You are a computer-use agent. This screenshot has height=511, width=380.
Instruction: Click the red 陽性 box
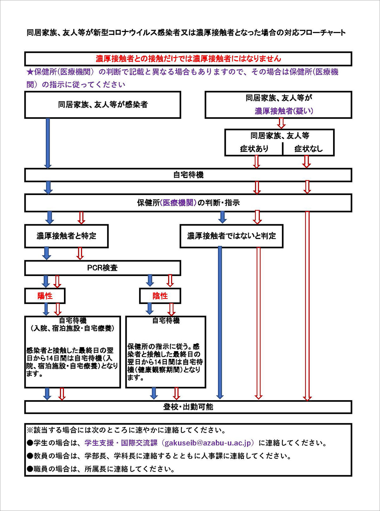pyautogui.click(x=45, y=296)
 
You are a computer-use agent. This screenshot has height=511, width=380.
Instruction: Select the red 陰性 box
pyautogui.click(x=160, y=296)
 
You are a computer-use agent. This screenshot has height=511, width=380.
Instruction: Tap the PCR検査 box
pyautogui.click(x=103, y=268)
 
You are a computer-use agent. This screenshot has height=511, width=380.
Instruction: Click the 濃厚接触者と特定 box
pyautogui.click(x=66, y=236)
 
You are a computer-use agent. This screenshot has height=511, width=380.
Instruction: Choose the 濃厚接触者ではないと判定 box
pyautogui.click(x=231, y=236)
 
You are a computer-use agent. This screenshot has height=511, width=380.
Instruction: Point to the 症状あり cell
pyautogui.click(x=254, y=149)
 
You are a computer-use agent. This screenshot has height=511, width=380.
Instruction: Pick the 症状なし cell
pyautogui.click(x=308, y=149)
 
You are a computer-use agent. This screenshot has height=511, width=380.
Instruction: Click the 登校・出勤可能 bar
pyautogui.click(x=188, y=407)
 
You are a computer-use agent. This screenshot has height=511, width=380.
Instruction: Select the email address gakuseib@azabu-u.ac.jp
pyautogui.click(x=209, y=443)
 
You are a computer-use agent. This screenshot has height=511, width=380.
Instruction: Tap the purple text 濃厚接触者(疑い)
pyautogui.click(x=284, y=111)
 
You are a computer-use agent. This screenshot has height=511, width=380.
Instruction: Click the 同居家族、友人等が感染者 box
pyautogui.click(x=103, y=105)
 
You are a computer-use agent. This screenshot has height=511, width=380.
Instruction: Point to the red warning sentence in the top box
pyautogui.click(x=188, y=59)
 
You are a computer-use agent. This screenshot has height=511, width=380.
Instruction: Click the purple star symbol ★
pyautogui.click(x=30, y=72)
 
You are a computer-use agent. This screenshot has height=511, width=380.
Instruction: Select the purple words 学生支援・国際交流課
pyautogui.click(x=121, y=443)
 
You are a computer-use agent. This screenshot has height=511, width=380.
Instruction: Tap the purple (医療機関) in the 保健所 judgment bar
pyautogui.click(x=179, y=203)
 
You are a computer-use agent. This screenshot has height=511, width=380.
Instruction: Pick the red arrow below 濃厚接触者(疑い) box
pyautogui.click(x=281, y=123)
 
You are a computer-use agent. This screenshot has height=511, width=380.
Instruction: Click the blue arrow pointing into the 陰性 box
pyautogui.click(x=150, y=281)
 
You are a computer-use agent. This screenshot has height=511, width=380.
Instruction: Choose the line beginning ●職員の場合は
pyautogui.click(x=101, y=469)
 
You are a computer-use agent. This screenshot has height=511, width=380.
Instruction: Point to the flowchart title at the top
pyautogui.click(x=186, y=33)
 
